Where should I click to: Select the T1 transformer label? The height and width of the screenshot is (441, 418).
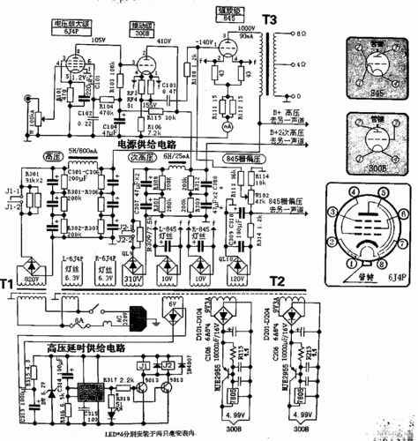tap(8, 286)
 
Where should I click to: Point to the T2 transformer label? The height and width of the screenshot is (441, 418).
tap(277, 280)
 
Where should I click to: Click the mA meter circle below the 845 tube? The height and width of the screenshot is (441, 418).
tap(228, 127)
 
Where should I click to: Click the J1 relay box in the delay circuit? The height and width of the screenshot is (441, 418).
tap(142, 364)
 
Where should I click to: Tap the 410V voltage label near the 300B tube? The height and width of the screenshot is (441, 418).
tap(164, 41)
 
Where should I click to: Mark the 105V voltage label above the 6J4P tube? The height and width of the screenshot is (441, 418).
tap(98, 41)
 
